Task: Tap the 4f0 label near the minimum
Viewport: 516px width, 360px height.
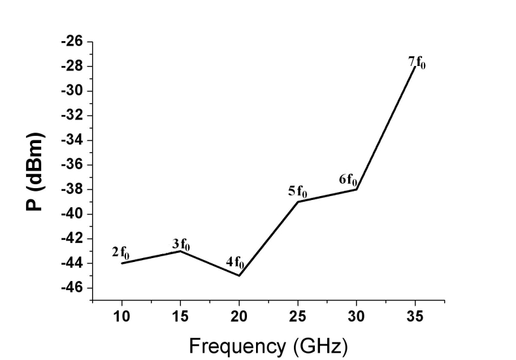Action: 234,264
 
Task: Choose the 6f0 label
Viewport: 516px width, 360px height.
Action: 347,179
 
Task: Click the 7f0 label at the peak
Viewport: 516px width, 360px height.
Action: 417,63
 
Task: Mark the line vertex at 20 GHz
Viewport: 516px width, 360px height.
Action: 239,276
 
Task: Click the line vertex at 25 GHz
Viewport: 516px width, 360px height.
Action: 298,201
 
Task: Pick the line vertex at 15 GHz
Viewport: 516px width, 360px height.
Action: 180,251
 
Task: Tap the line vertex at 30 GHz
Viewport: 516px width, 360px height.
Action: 357,189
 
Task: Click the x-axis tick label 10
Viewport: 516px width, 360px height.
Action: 122,317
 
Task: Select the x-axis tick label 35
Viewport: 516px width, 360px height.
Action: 415,317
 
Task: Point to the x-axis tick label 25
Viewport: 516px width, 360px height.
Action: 298,317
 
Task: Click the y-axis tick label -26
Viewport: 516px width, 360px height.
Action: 73,42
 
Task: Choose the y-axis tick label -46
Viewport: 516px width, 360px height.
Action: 73,288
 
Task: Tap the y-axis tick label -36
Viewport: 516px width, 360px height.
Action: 73,165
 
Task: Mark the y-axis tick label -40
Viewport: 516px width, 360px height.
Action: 73,214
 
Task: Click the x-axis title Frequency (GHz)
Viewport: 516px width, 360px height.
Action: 268,344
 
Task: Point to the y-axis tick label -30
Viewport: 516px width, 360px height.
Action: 73,91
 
